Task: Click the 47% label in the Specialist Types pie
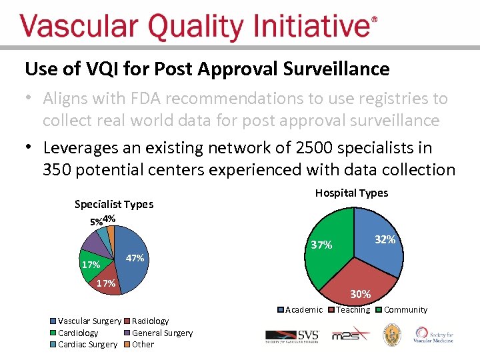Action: (135, 258)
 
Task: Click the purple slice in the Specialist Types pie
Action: (93, 243)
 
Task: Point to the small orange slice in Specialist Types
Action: (111, 233)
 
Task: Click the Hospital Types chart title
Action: (351, 193)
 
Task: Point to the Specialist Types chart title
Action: (113, 204)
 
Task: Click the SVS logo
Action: (292, 335)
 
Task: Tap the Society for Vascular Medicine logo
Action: (434, 335)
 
